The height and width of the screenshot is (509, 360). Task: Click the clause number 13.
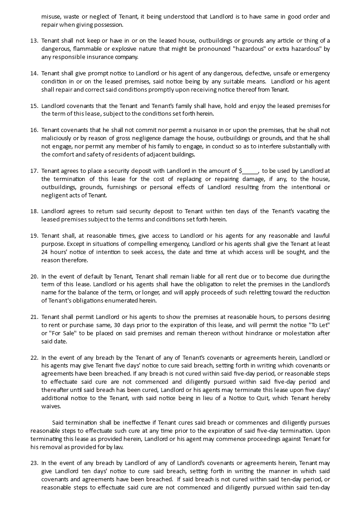pos(34,41)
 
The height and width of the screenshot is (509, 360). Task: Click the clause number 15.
pos(34,106)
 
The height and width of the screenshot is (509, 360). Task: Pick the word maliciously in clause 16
pos(57,138)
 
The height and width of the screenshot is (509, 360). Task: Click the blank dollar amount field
pos(250,171)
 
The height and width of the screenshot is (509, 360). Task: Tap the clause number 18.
pos(34,211)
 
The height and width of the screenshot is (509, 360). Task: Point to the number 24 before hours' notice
pos(45,252)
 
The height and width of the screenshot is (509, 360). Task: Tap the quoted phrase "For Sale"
pos(57,333)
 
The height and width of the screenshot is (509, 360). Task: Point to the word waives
pos(51,406)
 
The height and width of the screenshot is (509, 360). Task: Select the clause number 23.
pos(34,463)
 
